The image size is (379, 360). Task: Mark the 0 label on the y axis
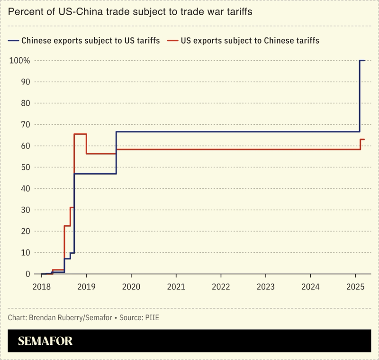27,274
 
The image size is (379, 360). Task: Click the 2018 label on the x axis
42,287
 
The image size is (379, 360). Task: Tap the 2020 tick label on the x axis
131,287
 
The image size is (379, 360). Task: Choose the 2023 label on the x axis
265,287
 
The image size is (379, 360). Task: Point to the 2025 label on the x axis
355,287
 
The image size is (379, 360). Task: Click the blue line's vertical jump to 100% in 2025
360,95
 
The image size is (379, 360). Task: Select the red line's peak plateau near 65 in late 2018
80,134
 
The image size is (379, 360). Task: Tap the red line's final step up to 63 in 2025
361,144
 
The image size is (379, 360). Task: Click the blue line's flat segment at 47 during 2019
95,174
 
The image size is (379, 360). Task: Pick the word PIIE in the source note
153,317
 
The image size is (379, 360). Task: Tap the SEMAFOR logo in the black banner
45,341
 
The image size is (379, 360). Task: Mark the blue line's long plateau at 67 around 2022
221,132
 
